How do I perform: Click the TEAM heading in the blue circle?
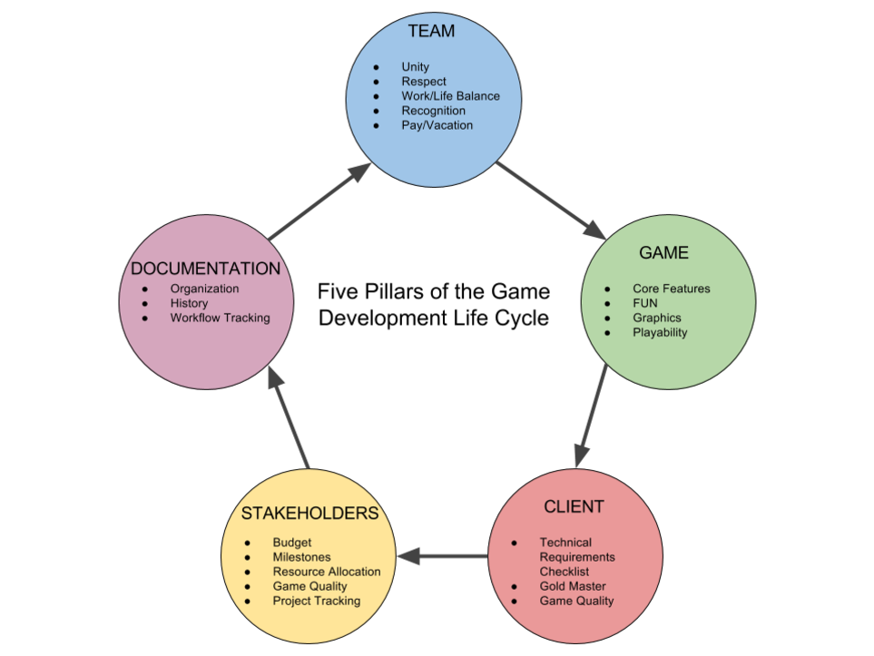click(x=431, y=32)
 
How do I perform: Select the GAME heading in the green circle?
click(x=663, y=253)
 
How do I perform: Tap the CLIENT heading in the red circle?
click(x=574, y=506)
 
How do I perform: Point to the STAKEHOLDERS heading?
click(x=309, y=514)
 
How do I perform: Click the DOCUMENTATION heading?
click(x=205, y=269)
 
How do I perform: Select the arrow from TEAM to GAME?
click(x=551, y=201)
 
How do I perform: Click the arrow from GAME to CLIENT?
click(x=590, y=416)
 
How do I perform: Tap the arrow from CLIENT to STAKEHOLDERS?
click(x=442, y=555)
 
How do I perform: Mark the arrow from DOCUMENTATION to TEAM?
click(x=320, y=201)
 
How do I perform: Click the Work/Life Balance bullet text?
click(x=450, y=96)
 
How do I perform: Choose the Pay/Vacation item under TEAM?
click(x=437, y=125)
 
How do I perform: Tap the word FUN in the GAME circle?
click(x=645, y=303)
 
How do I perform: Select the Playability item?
click(x=660, y=332)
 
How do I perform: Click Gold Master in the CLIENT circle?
click(x=573, y=586)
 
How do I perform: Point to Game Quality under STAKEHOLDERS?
click(x=309, y=586)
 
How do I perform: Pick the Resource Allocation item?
click(x=327, y=572)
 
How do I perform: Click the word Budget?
click(x=292, y=543)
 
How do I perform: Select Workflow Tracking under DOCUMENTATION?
click(x=220, y=318)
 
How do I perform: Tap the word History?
click(x=189, y=303)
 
